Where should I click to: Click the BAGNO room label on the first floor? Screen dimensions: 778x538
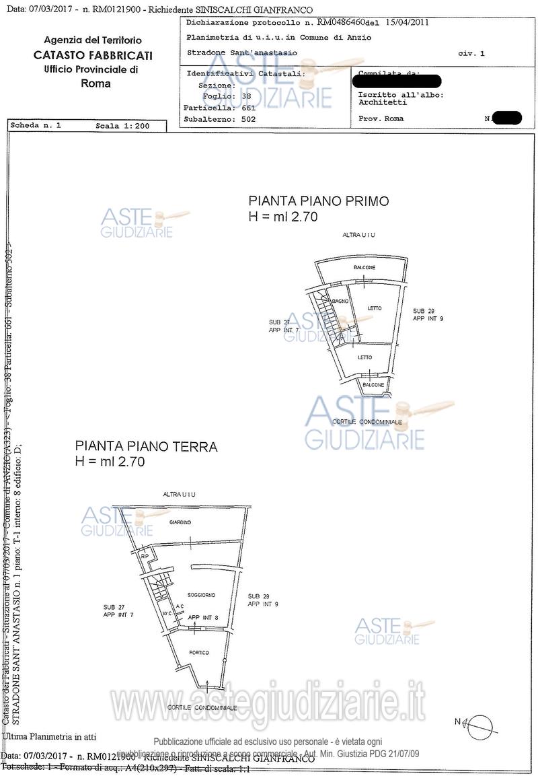[x=340, y=301]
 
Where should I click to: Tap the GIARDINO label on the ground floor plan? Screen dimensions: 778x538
[x=180, y=523]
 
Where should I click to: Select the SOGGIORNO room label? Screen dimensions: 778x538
[x=201, y=596]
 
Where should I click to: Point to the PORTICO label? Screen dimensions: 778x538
[x=199, y=652]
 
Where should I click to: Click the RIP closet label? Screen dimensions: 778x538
[x=145, y=556]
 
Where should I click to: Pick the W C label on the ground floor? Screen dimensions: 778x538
[x=167, y=613]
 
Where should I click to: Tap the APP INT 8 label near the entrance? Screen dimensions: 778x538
[x=203, y=617]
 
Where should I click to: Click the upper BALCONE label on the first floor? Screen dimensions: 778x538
[x=364, y=268]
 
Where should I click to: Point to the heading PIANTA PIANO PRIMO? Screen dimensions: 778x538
[x=319, y=201]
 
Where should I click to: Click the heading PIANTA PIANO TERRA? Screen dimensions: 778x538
[x=146, y=446]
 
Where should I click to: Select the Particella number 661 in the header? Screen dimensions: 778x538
[x=248, y=108]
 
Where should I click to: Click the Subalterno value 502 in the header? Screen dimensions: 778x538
[x=248, y=119]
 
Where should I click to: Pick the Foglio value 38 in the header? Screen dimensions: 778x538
[x=246, y=96]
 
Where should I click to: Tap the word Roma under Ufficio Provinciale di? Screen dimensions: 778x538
[x=95, y=84]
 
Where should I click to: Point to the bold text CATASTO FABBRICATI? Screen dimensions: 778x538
[x=93, y=55]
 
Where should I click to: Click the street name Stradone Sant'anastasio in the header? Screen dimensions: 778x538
[x=242, y=52]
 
